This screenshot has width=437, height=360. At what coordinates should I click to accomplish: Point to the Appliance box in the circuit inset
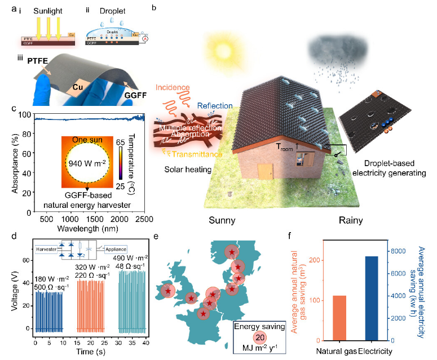(x=116, y=248)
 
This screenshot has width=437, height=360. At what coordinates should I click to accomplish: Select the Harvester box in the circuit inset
(x=47, y=248)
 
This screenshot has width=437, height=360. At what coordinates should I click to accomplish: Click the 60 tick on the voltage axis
(x=26, y=261)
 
